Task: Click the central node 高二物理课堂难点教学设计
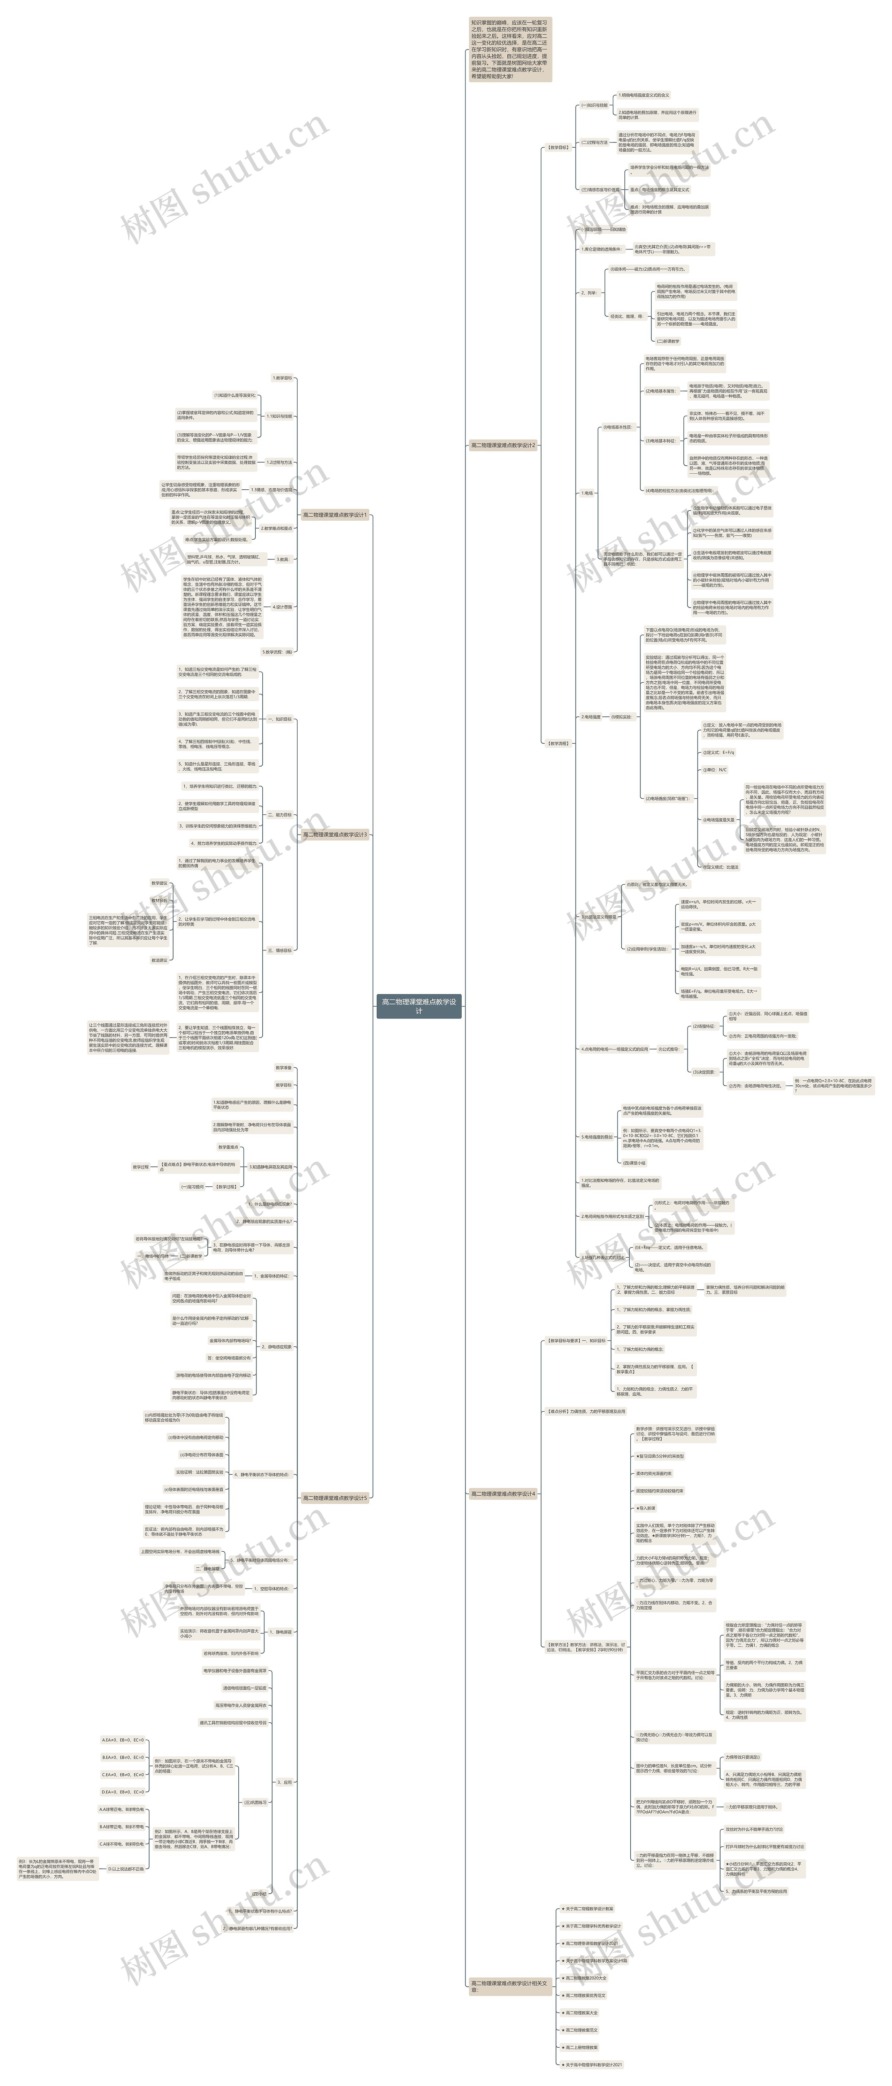coord(419,1006)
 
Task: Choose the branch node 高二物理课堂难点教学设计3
coord(334,834)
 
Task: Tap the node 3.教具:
coord(283,559)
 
